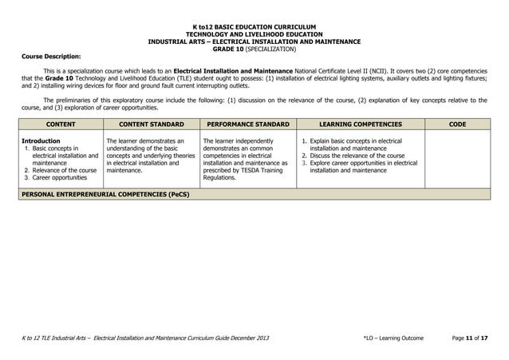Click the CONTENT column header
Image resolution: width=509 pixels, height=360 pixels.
[x=61, y=125]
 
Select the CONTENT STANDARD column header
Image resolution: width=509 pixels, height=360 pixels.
[x=151, y=125]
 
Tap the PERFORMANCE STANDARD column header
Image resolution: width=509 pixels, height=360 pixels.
[x=247, y=125]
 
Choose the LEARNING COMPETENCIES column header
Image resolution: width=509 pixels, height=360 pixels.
[x=360, y=125]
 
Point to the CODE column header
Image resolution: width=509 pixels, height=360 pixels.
[x=457, y=125]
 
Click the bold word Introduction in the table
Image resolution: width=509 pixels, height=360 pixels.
[x=41, y=141]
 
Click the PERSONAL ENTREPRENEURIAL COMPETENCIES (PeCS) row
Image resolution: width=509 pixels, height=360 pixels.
[x=105, y=194]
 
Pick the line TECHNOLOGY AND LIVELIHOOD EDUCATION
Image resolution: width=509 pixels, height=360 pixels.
[x=254, y=35]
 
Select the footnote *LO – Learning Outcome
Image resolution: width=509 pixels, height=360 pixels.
[x=393, y=338]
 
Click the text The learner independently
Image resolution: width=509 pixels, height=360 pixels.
[x=238, y=141]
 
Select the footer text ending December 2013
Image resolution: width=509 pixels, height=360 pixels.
[x=144, y=338]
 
